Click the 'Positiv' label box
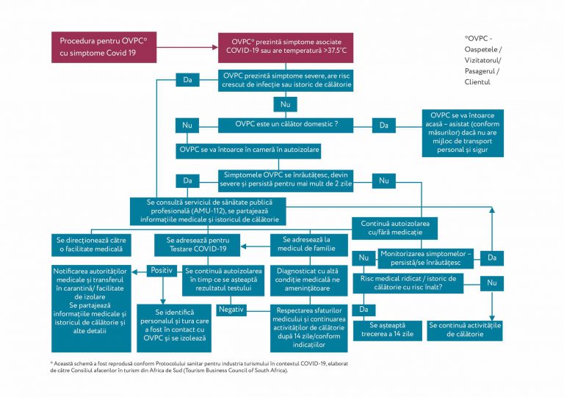[x=161, y=270]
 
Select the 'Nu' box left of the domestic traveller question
[x=187, y=125]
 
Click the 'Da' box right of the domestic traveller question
[x=384, y=125]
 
